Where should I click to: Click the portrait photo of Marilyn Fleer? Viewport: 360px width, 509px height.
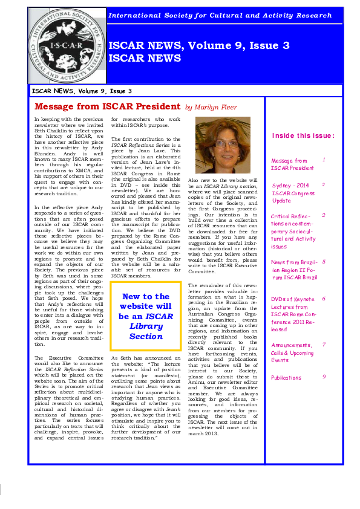[x=223, y=144]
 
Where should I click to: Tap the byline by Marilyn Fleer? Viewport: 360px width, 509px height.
[x=211, y=108]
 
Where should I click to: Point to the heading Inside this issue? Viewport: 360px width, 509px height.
[x=303, y=135]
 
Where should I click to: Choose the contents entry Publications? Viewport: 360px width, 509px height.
[x=286, y=378]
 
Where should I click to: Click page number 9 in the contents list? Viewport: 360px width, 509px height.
[x=324, y=376]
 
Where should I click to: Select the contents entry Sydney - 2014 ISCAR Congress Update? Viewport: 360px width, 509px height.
[x=293, y=193]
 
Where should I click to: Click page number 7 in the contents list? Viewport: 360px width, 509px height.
[x=324, y=345]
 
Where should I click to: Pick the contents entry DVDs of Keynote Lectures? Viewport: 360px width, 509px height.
[x=293, y=314]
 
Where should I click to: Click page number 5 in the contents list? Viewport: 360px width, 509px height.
[x=324, y=262]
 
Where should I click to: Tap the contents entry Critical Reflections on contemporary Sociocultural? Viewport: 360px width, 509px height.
[x=293, y=232]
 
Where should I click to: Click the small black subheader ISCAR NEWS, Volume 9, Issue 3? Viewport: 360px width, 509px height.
[x=82, y=91]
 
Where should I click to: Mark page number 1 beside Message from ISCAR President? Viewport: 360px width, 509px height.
[x=324, y=160]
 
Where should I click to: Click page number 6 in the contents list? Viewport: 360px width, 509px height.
[x=324, y=299]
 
